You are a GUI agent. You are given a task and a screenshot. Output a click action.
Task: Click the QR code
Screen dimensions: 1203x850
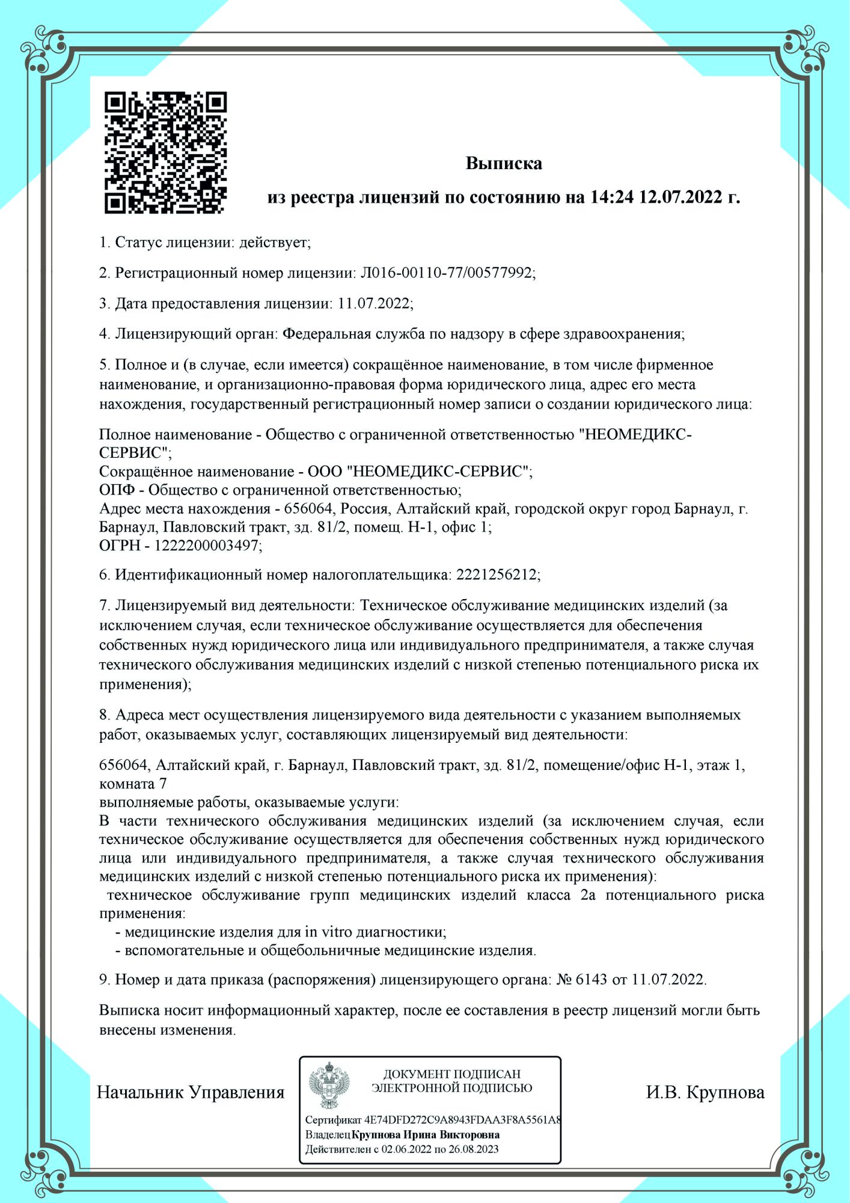pos(165,152)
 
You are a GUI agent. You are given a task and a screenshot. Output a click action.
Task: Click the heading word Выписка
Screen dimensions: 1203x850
pos(504,164)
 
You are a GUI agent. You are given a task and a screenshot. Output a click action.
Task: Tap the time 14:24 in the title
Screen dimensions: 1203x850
pos(612,197)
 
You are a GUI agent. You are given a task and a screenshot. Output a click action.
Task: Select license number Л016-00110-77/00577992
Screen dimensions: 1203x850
pos(447,273)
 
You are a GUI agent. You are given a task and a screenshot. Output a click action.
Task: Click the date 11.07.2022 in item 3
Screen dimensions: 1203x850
pos(374,303)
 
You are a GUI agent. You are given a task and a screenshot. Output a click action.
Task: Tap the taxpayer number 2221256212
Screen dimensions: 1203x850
pos(497,575)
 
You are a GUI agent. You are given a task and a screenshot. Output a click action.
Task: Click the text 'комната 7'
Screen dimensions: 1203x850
pos(133,784)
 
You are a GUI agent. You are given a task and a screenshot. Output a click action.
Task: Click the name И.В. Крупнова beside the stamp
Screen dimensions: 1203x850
pos(705,1092)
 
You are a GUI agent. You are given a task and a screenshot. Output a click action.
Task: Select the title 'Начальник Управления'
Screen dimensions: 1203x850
pos(191,1092)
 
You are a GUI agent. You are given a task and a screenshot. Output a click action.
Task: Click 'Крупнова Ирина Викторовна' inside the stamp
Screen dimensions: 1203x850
pos(426,1135)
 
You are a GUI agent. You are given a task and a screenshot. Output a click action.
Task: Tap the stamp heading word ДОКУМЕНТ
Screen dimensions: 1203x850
pos(416,1074)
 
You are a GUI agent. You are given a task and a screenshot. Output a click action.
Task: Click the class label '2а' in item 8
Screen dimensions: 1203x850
pos(588,895)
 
